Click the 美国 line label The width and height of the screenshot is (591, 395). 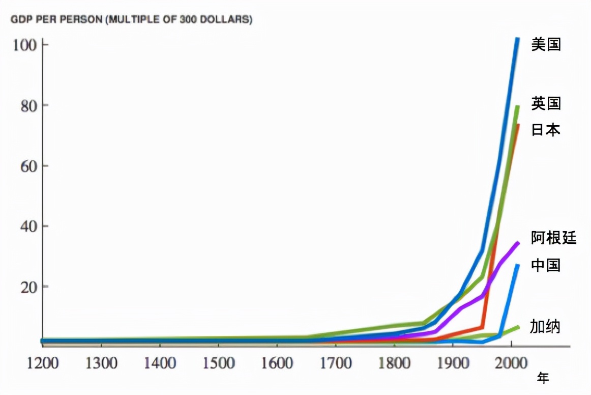(x=546, y=45)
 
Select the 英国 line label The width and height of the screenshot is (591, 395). (x=546, y=104)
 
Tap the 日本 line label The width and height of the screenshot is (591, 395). (x=546, y=130)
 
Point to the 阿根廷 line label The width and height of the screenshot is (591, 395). (x=553, y=238)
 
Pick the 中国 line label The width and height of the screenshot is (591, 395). (x=546, y=265)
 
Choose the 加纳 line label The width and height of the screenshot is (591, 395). (x=545, y=326)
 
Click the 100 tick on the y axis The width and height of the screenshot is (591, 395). (x=24, y=45)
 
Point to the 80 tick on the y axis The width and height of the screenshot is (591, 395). (x=27, y=106)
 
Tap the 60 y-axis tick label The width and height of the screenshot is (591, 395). (x=27, y=166)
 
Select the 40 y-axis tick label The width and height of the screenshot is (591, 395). (x=27, y=226)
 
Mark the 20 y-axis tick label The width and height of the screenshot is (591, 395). (x=27, y=287)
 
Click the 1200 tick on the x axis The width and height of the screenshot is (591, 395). (x=42, y=363)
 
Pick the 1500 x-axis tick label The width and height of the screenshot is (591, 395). (x=218, y=363)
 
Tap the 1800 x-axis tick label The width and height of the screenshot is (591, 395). (x=394, y=363)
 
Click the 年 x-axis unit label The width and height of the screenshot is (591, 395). (x=543, y=378)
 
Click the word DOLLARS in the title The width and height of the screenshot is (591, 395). (x=228, y=20)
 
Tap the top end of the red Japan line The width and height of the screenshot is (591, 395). (x=518, y=125)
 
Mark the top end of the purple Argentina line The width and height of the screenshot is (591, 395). (x=518, y=243)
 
